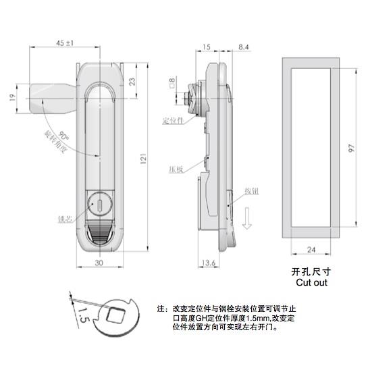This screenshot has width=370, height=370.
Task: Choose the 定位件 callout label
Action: pos(173,122)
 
